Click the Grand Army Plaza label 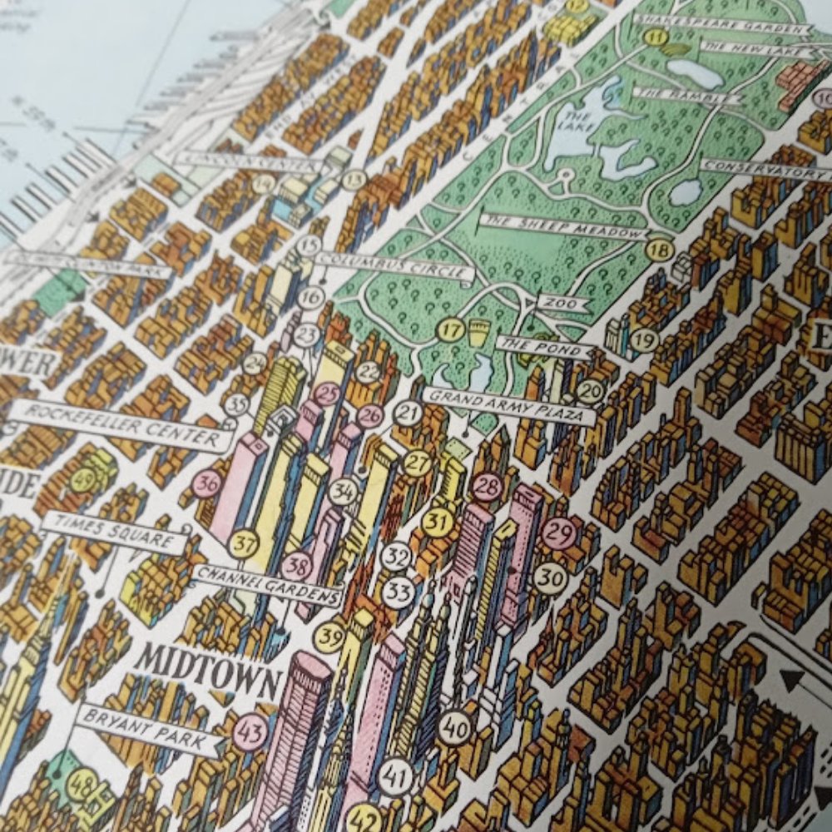click(x=509, y=405)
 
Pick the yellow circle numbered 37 click(x=244, y=543)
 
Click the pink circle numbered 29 click(x=559, y=532)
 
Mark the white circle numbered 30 click(x=550, y=578)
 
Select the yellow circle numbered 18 click(x=660, y=249)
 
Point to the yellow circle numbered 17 click(x=450, y=330)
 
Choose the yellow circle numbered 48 click(x=81, y=784)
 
